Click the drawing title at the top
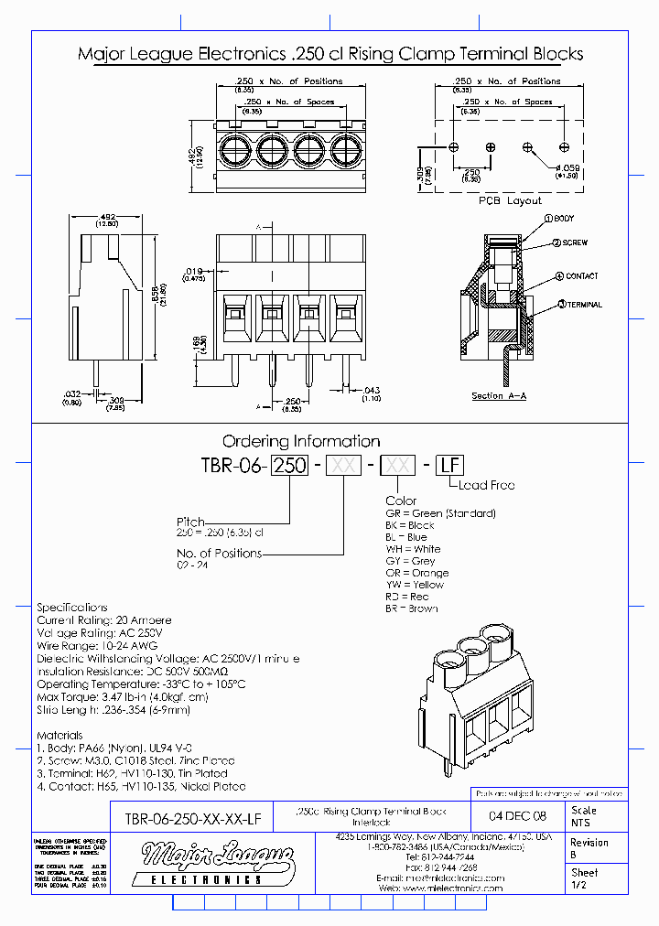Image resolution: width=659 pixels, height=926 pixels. point(330,54)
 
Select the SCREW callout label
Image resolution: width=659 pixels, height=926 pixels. point(573,243)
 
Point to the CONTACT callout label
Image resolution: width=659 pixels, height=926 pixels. point(581,276)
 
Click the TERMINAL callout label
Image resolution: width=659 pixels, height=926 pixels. point(583,305)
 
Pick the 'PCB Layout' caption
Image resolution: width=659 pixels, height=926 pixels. point(510,200)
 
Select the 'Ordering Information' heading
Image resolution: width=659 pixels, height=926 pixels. point(301,441)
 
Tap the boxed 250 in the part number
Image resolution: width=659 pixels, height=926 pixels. point(291,465)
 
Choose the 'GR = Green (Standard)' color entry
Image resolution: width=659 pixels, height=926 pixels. point(440,513)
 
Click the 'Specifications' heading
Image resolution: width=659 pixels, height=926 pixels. point(71,608)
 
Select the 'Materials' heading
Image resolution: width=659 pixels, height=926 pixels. point(59,735)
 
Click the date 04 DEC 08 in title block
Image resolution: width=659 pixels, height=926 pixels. point(518,815)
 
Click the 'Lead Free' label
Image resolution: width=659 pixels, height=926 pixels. point(487,485)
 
